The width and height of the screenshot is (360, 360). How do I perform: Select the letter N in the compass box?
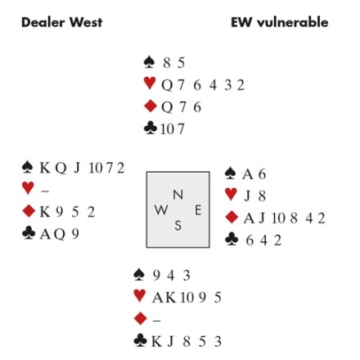(x=178, y=195)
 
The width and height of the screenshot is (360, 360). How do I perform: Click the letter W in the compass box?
(x=161, y=210)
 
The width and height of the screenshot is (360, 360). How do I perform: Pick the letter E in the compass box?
(x=198, y=210)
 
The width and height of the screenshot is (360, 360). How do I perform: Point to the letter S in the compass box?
(x=178, y=226)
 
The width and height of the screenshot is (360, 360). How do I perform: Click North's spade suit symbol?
(x=149, y=62)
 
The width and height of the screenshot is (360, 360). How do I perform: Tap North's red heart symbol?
(x=150, y=83)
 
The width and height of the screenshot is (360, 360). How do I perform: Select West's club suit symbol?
(x=29, y=233)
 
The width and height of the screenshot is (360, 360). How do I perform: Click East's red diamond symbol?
(x=232, y=218)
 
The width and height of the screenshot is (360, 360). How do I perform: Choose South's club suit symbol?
(x=141, y=340)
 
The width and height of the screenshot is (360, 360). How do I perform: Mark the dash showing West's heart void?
(x=45, y=191)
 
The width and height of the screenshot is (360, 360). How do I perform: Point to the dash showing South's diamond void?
(x=156, y=321)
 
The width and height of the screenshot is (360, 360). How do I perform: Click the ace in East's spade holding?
(x=248, y=174)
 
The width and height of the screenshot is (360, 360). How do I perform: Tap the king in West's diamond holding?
(x=45, y=212)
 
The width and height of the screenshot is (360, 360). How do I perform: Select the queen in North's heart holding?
(x=167, y=85)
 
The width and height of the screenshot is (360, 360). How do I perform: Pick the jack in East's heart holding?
(x=247, y=196)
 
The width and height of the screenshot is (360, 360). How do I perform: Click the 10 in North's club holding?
(x=167, y=129)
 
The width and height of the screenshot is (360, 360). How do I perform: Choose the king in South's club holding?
(x=156, y=341)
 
